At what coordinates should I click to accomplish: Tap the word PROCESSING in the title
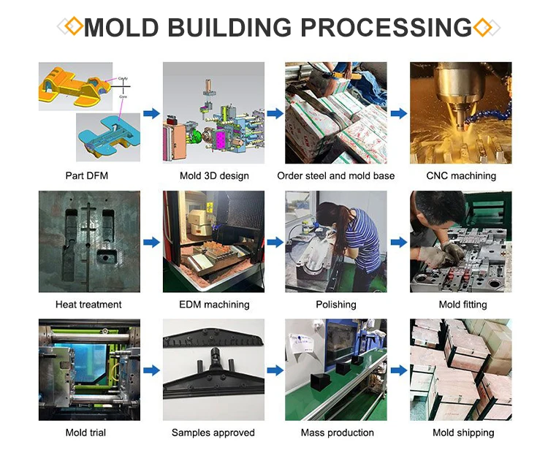[387, 27]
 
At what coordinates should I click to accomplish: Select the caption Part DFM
[87, 175]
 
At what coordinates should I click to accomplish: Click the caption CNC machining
[461, 176]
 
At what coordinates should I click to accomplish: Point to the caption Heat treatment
[88, 305]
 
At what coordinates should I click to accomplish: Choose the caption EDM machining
[214, 305]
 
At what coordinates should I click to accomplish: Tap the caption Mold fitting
[463, 305]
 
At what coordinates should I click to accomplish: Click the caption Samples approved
[213, 432]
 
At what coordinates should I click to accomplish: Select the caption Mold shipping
[463, 432]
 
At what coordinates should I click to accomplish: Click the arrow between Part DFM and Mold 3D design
[151, 113]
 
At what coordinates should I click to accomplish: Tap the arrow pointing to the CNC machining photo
[399, 113]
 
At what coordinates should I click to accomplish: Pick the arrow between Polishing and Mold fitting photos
[399, 242]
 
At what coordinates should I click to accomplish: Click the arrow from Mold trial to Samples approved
[151, 370]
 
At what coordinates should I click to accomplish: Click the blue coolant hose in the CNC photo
[491, 112]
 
